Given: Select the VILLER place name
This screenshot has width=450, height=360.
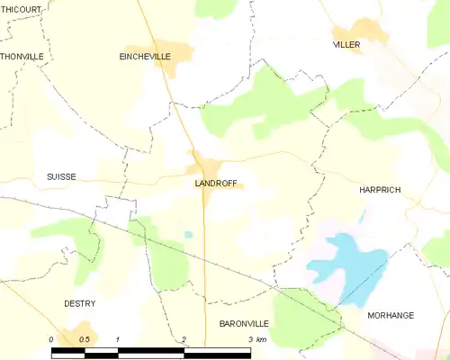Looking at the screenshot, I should click(x=346, y=44).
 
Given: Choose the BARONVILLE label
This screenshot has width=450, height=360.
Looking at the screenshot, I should click(x=243, y=321).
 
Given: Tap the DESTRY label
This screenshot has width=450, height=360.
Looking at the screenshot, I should click(x=79, y=303).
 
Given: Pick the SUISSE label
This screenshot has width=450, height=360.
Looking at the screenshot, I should click(x=61, y=177).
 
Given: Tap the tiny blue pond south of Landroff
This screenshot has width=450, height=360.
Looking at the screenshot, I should click(x=188, y=235).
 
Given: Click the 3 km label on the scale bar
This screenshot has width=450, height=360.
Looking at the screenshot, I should click(x=257, y=339).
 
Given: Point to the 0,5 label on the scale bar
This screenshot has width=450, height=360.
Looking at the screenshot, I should click(x=85, y=339).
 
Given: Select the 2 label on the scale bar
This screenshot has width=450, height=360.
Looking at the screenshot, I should click(x=184, y=339).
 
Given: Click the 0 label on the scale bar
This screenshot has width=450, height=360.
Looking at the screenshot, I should click(x=52, y=339).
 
